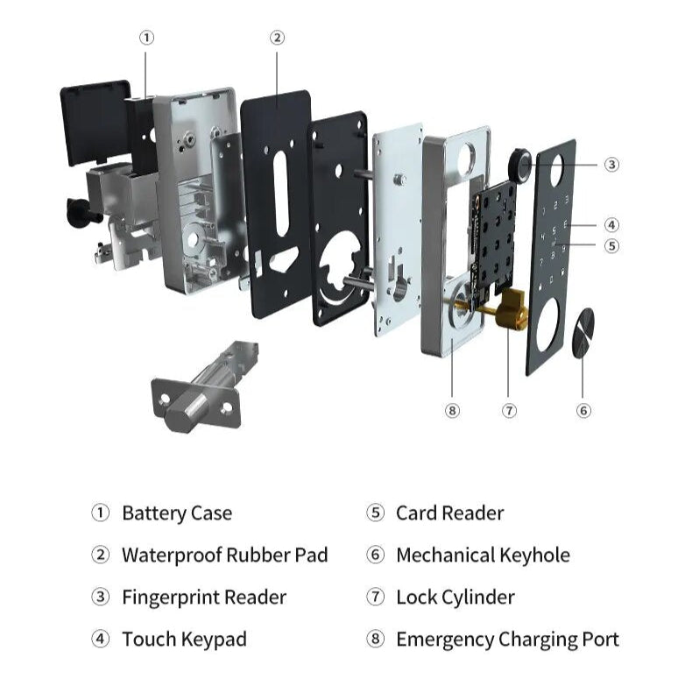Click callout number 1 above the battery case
[x=147, y=38]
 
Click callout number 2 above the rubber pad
[x=277, y=38]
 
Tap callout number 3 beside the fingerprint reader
[x=611, y=164]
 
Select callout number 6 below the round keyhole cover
[x=584, y=410]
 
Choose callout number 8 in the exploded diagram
[x=452, y=410]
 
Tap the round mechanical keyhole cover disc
[x=583, y=334]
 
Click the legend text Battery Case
[x=176, y=513]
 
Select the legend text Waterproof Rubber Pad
[x=224, y=555]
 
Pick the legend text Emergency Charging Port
[x=507, y=640]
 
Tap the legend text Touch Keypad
[x=184, y=640]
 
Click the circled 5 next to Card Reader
[x=376, y=513]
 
